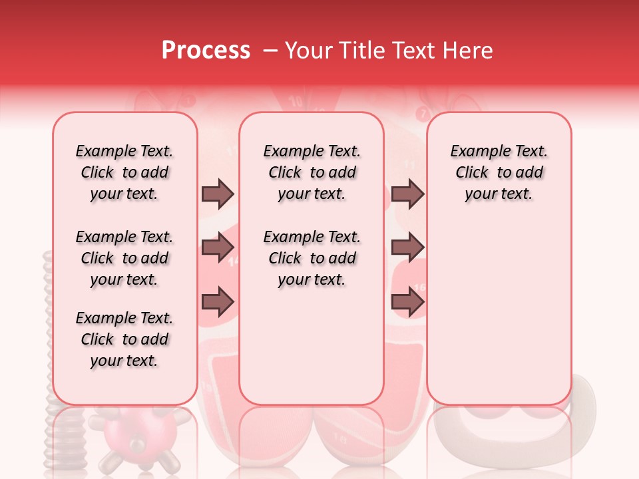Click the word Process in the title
[x=206, y=51]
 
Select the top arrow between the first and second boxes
[x=218, y=194]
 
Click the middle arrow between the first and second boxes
[x=218, y=248]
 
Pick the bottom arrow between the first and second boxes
[x=218, y=302]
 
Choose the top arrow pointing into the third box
[x=407, y=194]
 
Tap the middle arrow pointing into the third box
[x=407, y=248]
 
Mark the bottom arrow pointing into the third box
[x=407, y=302]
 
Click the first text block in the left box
[x=124, y=172]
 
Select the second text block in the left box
[x=124, y=258]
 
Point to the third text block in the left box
[x=124, y=339]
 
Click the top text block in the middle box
[x=312, y=172]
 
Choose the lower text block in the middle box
[x=312, y=258]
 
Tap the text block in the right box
[x=499, y=172]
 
